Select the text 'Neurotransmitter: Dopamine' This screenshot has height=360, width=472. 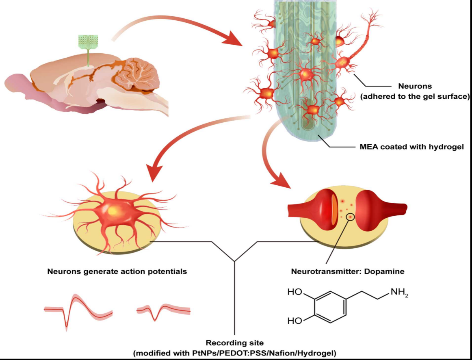pyautogui.click(x=348, y=271)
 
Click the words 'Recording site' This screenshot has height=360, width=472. pyautogui.click(x=234, y=343)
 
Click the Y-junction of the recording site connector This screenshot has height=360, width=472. pyautogui.click(x=235, y=261)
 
